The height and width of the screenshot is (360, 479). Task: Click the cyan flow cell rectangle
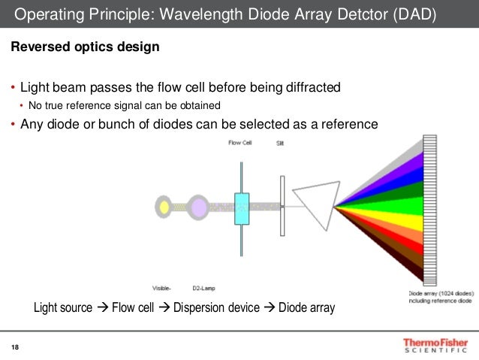[x=242, y=208]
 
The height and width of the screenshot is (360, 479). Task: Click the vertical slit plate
[x=282, y=207]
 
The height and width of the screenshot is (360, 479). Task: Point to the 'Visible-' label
[x=161, y=286]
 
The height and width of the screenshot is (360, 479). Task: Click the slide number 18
[x=14, y=346]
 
